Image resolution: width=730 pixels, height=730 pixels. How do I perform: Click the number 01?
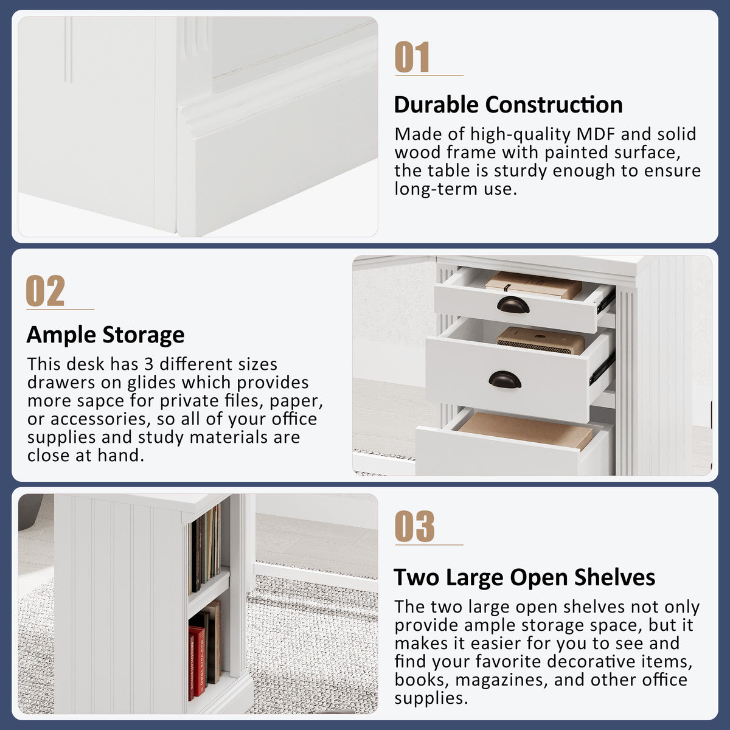click(412, 57)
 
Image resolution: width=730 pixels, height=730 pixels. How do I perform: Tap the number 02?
click(46, 291)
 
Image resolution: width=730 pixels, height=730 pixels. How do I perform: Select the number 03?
click(414, 526)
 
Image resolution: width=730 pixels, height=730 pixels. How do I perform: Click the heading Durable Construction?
click(509, 105)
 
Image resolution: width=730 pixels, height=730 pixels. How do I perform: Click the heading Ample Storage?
click(106, 335)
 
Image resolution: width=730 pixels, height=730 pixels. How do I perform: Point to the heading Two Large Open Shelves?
click(524, 577)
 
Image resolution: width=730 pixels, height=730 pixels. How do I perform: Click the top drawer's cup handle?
click(513, 305)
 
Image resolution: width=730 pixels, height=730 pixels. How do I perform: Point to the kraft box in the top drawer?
click(534, 285)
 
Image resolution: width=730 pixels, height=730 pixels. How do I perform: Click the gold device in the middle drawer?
click(540, 341)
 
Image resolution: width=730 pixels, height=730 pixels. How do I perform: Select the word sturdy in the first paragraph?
click(520, 171)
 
